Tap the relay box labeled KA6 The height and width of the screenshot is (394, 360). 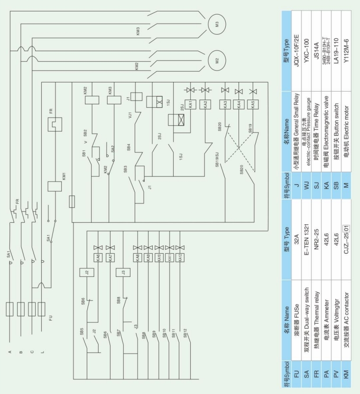pyautogui.click(x=97, y=258)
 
